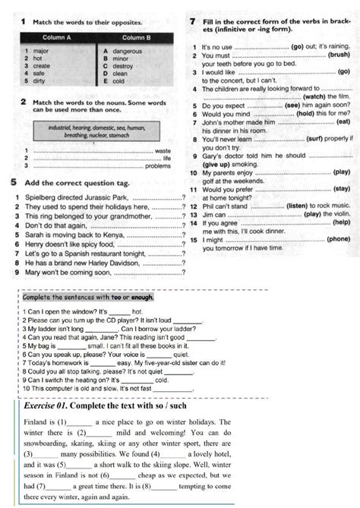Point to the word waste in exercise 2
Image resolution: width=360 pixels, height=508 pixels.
point(163,151)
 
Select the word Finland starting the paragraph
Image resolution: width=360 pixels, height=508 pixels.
point(27,419)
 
